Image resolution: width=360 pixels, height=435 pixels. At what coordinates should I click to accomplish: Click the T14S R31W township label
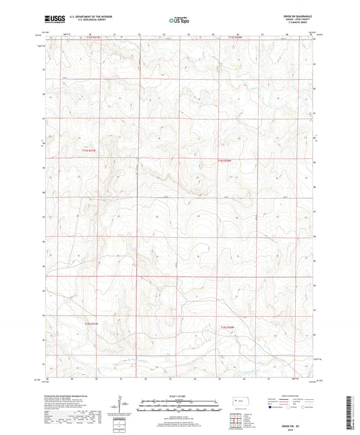[91, 151]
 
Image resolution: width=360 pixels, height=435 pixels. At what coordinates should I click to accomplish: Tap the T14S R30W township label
[225, 161]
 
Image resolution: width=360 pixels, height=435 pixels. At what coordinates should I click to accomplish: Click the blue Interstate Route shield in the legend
[271, 407]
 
